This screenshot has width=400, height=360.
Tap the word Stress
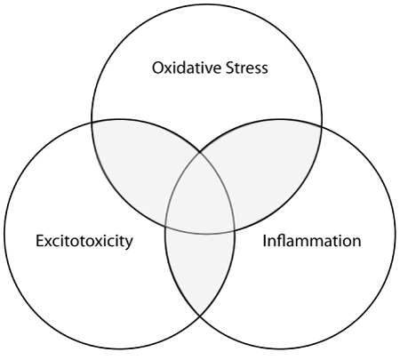point(247,68)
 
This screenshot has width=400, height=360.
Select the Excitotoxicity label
point(84,242)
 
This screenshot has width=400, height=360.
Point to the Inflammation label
point(312,241)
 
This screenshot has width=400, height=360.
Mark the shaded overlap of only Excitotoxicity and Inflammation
point(200,267)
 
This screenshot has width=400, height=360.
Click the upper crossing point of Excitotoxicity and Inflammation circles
point(200,152)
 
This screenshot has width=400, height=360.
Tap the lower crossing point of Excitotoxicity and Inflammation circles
point(200,316)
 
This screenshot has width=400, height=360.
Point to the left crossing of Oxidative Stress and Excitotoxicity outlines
point(92,122)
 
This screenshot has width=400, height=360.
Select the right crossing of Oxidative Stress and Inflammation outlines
point(321,126)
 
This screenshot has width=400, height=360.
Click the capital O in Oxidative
point(158,68)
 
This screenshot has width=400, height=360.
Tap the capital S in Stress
point(230,68)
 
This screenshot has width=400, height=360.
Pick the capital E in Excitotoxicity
point(40,241)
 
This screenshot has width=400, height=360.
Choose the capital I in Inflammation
point(265,241)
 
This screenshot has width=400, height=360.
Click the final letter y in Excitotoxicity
point(129,244)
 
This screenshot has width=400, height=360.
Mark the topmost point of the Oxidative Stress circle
point(206,4)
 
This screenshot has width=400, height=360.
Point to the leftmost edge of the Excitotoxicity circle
point(4,234)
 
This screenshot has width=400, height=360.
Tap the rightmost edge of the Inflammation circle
point(396,234)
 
